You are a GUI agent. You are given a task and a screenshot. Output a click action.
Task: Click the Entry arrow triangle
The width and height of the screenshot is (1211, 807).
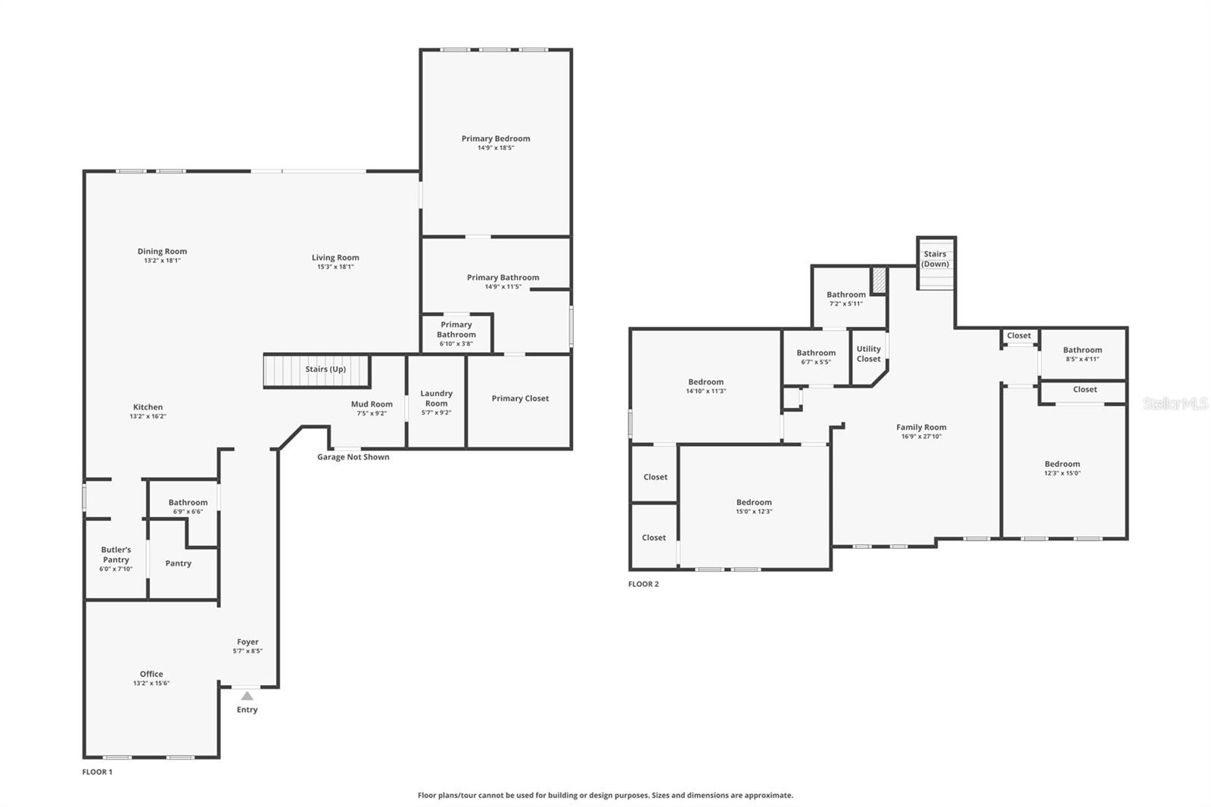(247, 696)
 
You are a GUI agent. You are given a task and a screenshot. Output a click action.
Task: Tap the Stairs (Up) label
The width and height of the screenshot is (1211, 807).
(325, 369)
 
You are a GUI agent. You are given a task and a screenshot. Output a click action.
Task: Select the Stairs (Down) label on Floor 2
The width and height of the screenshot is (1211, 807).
(935, 259)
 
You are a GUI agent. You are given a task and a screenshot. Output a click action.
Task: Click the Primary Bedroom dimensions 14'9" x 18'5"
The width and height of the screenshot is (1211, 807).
(496, 148)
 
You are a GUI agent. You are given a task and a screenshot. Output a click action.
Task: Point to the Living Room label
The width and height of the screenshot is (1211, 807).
(335, 257)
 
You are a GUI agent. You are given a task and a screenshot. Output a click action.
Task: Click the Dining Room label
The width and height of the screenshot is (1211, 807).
(162, 251)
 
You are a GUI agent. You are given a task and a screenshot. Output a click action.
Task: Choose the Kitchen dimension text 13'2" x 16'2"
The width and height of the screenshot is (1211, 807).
(148, 416)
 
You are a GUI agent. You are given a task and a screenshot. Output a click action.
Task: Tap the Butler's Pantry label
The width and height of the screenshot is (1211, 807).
(117, 554)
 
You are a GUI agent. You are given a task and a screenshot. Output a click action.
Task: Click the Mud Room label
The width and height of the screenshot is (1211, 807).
(372, 404)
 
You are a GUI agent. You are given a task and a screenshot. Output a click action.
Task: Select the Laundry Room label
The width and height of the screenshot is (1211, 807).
(436, 398)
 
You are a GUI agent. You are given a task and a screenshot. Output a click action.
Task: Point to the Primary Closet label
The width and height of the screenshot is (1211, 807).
(520, 399)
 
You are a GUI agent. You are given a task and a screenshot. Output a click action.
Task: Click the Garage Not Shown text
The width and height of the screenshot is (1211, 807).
(353, 457)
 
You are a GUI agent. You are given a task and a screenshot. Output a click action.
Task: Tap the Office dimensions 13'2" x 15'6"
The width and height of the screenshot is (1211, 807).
(151, 683)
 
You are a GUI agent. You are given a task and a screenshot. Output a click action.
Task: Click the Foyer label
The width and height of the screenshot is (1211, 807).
(247, 642)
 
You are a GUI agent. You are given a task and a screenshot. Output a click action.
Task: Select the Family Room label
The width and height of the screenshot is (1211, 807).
(921, 427)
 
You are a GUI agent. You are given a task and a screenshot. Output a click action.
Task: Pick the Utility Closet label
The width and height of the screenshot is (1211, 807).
(869, 354)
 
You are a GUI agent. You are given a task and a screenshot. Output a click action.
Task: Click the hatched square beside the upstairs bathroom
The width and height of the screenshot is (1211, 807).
(879, 280)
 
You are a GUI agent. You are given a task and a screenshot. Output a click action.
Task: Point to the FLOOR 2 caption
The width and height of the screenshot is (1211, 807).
(643, 584)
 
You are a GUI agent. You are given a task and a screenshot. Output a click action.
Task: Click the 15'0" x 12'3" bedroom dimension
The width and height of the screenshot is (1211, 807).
(754, 511)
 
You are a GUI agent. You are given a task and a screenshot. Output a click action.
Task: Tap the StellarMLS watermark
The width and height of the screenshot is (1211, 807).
(1175, 403)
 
